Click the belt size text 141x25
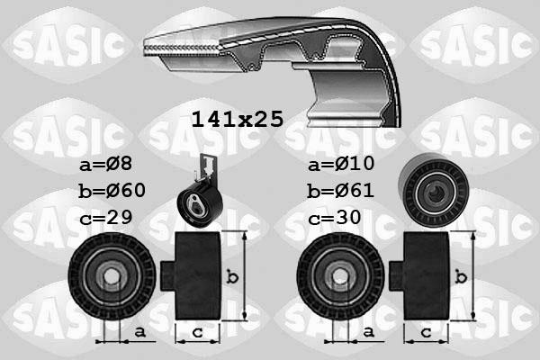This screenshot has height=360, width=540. (x=237, y=118)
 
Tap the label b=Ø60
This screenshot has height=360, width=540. (x=112, y=191)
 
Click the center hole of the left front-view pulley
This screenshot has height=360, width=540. (x=112, y=277)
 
